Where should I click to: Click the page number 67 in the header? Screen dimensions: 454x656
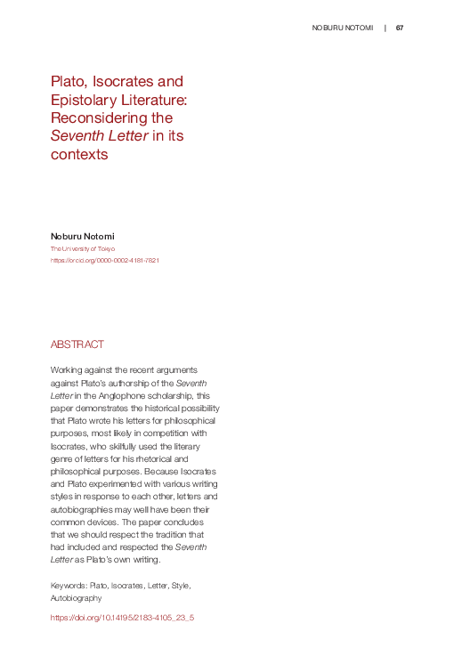coord(400,28)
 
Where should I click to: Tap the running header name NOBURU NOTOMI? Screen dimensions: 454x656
coord(342,28)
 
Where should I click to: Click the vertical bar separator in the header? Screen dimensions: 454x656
coord(385,28)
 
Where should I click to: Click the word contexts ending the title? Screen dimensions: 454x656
coord(79,154)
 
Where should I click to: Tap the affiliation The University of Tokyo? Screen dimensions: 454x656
coord(82,249)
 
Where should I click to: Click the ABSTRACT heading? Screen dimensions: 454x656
coord(77,344)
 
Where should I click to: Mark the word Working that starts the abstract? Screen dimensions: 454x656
coord(68,368)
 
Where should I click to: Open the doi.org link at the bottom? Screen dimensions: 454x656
coord(122,616)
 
